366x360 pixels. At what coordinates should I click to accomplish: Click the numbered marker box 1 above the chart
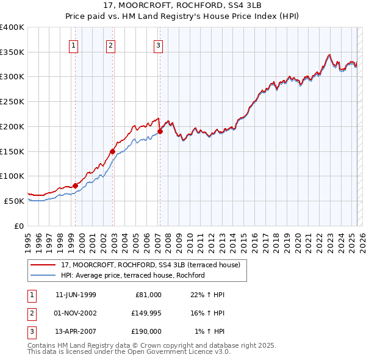pyautogui.click(x=73, y=45)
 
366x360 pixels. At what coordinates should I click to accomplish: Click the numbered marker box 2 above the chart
pyautogui.click(x=110, y=45)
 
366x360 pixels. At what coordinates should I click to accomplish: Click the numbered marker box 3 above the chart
pyautogui.click(x=158, y=45)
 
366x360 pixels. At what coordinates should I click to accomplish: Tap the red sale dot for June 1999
pyautogui.click(x=76, y=185)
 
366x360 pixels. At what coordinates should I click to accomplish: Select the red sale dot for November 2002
pyautogui.click(x=113, y=151)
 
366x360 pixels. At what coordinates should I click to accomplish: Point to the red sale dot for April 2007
pyautogui.click(x=160, y=131)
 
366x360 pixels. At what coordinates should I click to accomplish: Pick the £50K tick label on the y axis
pyautogui.click(x=14, y=201)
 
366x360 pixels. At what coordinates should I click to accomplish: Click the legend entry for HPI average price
pyautogui.click(x=132, y=275)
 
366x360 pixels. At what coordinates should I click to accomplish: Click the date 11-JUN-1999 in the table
pyautogui.click(x=76, y=295)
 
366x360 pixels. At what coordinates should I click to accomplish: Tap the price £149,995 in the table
pyautogui.click(x=146, y=313)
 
